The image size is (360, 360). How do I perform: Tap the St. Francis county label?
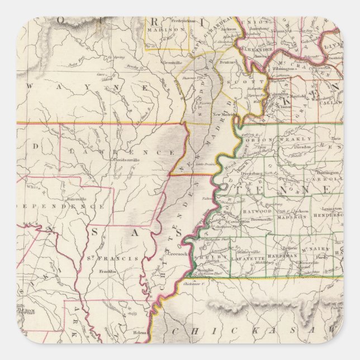click(103, 258)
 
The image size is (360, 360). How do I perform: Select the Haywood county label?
click(257, 211)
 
